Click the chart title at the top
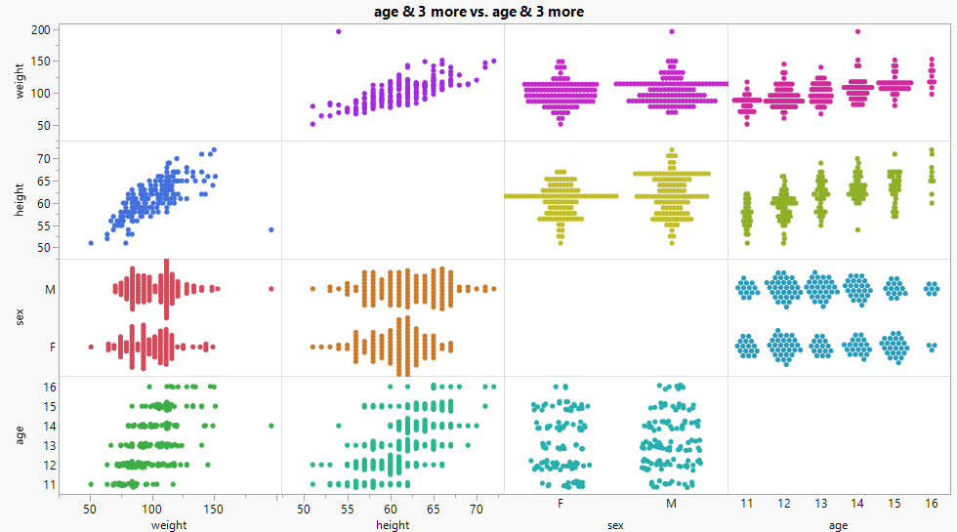pos(478,11)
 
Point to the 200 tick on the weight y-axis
pos(40,30)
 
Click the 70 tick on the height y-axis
pos(43,158)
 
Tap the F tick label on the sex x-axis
pos(560,504)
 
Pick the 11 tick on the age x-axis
pos(746,504)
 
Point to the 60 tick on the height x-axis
pos(391,510)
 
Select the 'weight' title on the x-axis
pos(169,525)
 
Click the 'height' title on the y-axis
pos(20,200)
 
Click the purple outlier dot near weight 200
pos(339,31)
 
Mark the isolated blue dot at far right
pos(271,229)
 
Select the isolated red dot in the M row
pos(271,288)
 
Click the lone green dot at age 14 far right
pos(271,426)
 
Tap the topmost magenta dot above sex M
pos(671,31)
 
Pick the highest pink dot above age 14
pos(857,31)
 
